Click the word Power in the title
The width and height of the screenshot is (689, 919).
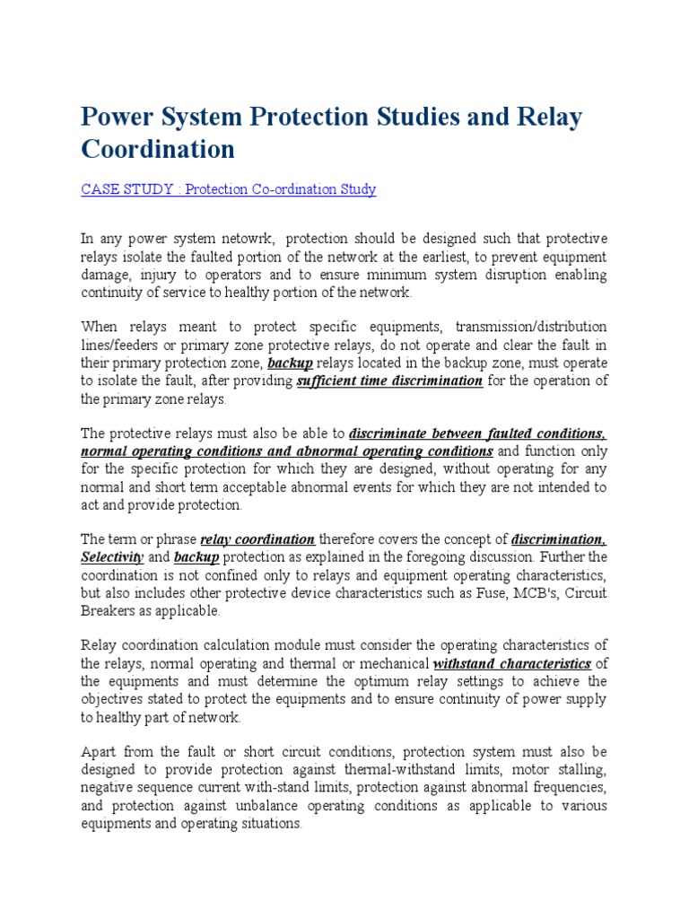pos(116,118)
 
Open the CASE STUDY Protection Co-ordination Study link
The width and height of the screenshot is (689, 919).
pos(229,189)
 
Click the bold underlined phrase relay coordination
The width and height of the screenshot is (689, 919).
pos(257,539)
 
